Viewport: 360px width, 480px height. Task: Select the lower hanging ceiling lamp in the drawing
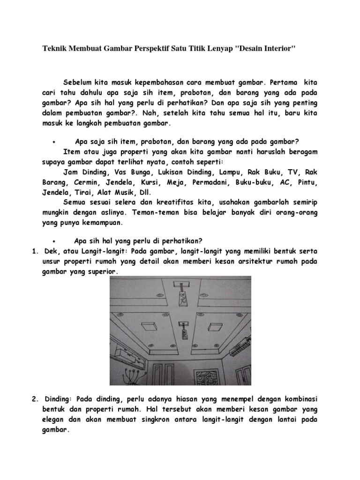point(185,330)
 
